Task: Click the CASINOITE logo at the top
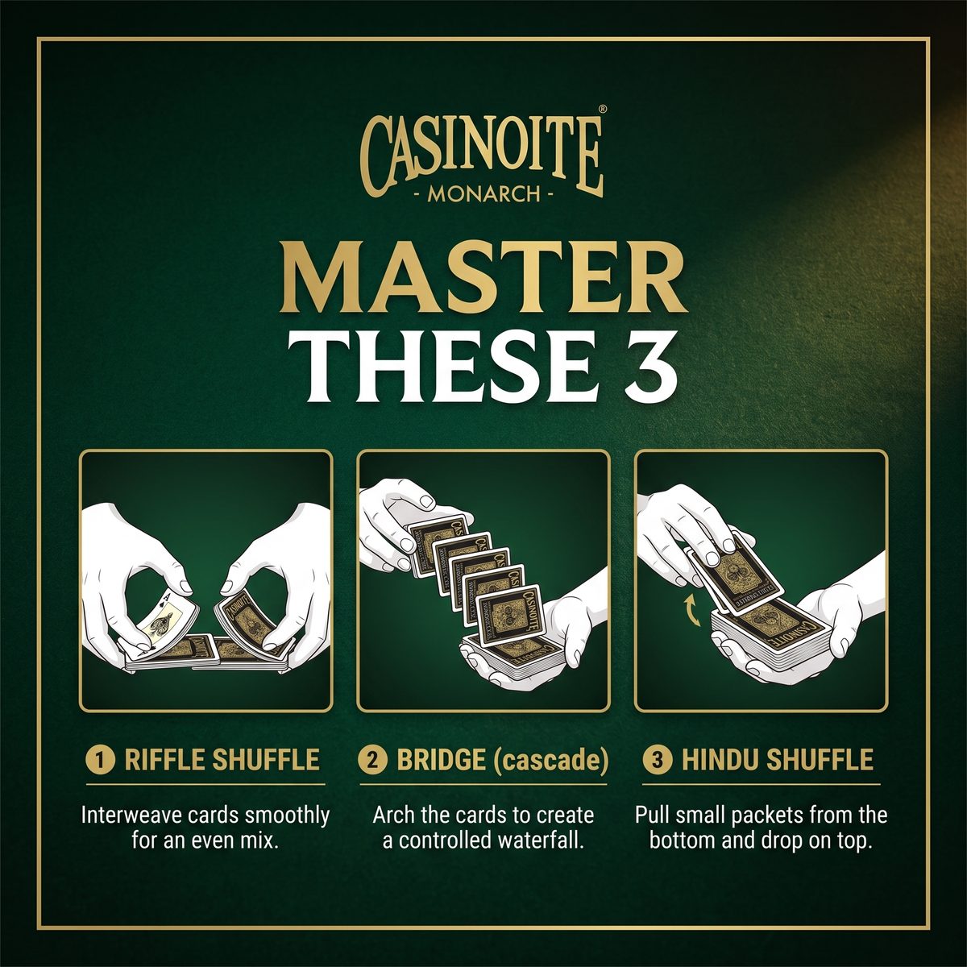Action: coord(482,156)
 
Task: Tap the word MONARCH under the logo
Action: coord(483,193)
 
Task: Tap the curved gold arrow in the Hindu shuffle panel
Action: coord(694,610)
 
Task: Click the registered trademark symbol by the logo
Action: coord(603,110)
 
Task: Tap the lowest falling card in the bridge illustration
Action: coord(509,612)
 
